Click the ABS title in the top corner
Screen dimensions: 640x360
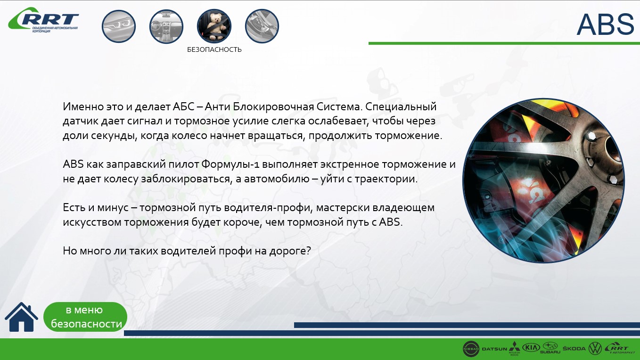pyautogui.click(x=605, y=25)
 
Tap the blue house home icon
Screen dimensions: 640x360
pyautogui.click(x=21, y=317)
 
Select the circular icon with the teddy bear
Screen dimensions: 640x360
pyautogui.click(x=214, y=26)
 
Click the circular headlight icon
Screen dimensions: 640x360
pyautogui.click(x=119, y=26)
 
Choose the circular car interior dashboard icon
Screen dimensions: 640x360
pyautogui.click(x=166, y=26)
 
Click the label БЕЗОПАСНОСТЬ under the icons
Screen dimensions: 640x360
pyautogui.click(x=214, y=50)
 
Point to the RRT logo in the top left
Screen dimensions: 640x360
pyautogui.click(x=43, y=19)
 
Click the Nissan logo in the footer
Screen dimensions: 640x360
pyautogui.click(x=471, y=349)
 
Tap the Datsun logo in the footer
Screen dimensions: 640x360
pyautogui.click(x=494, y=349)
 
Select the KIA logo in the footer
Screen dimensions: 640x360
pyautogui.click(x=531, y=347)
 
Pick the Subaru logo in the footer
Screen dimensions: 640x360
pyautogui.click(x=550, y=348)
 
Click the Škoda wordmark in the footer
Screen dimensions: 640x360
pyautogui.click(x=574, y=348)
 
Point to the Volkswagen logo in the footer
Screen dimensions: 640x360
pyautogui.click(x=595, y=349)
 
